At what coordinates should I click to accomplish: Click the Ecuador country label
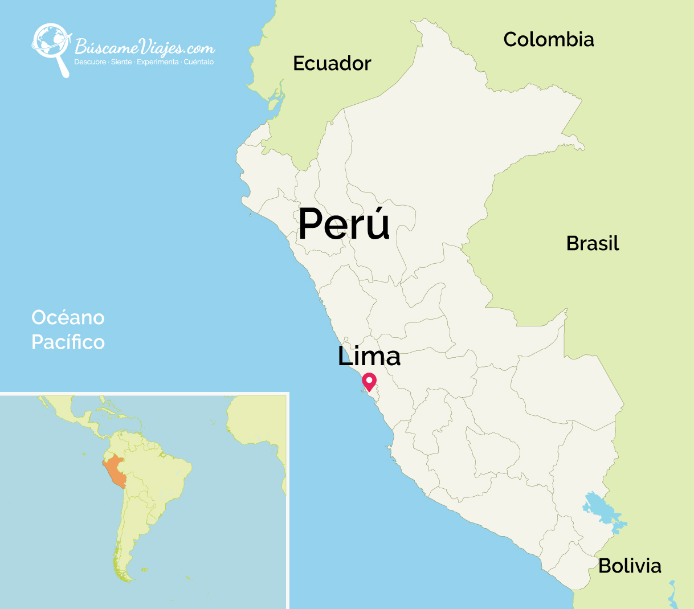click(x=332, y=63)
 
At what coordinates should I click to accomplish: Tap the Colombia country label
click(x=549, y=39)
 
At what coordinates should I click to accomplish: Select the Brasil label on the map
click(x=593, y=243)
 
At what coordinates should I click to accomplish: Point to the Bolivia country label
click(x=630, y=566)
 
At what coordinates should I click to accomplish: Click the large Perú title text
click(x=344, y=223)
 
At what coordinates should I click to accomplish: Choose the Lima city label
click(x=369, y=356)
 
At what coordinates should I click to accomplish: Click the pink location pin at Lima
click(x=369, y=381)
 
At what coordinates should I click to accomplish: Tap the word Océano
click(x=68, y=317)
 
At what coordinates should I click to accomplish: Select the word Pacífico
click(x=68, y=342)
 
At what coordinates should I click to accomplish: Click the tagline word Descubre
click(x=90, y=62)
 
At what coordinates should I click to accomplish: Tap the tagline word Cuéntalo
click(x=199, y=62)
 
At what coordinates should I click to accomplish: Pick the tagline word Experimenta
click(x=157, y=62)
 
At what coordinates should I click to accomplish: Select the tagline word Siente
click(x=121, y=62)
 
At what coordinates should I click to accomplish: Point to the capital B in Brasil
click(x=571, y=243)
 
